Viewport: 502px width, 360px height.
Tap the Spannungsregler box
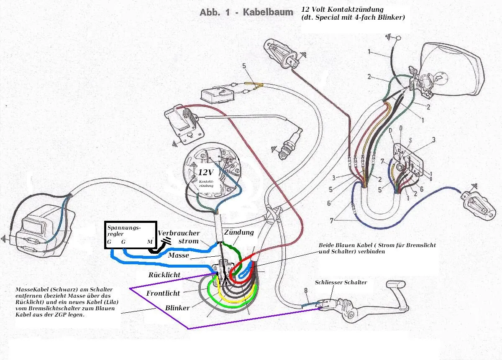click(x=130, y=235)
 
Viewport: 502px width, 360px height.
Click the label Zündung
click(x=238, y=232)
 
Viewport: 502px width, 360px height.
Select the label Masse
click(x=179, y=255)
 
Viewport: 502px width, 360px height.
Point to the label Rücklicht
click(x=164, y=275)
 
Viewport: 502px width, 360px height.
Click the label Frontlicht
click(x=163, y=293)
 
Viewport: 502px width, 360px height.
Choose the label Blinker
click(x=177, y=308)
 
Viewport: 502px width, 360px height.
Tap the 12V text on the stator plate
click(x=206, y=172)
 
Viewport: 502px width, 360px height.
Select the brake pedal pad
click(x=397, y=288)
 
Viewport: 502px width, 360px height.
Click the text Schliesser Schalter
click(x=341, y=282)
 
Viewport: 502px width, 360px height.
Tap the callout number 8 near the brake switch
click(x=305, y=290)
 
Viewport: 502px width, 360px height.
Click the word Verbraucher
click(x=179, y=233)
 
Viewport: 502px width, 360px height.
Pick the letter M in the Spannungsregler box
click(x=150, y=242)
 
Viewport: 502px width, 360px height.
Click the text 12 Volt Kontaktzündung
click(x=342, y=9)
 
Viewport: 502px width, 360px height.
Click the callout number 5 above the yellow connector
click(x=244, y=66)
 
